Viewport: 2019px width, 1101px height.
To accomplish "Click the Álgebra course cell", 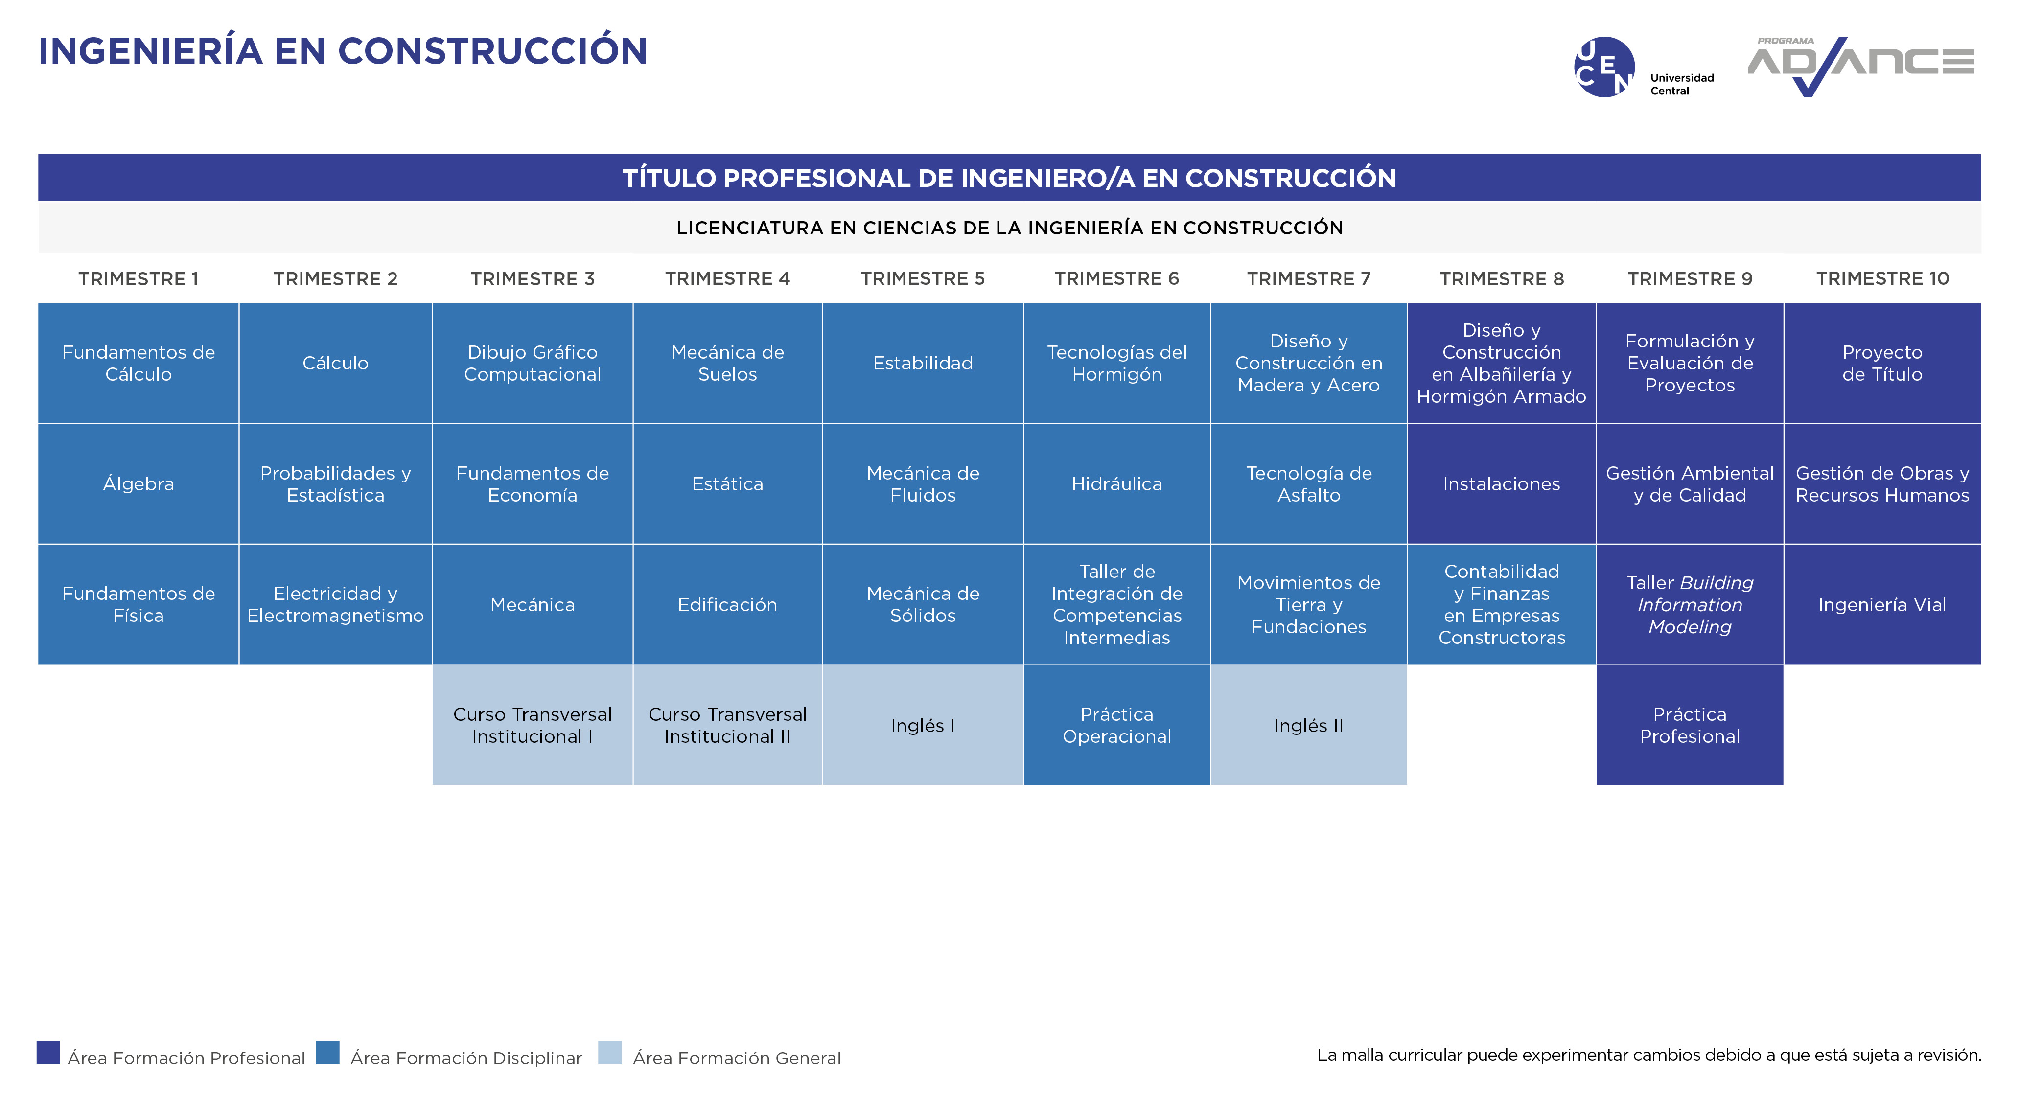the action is point(138,483).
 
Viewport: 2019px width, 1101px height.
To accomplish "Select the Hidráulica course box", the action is point(1117,483).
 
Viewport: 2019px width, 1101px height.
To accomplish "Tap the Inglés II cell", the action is point(1309,725).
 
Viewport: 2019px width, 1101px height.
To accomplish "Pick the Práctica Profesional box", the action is point(1690,725).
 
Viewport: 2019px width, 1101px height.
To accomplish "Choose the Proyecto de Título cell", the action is point(1882,363).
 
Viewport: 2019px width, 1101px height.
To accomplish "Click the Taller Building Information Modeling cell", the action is point(1690,604).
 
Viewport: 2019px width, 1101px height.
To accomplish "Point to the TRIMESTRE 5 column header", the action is point(923,278).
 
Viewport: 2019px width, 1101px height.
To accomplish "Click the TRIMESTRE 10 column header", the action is point(1882,278).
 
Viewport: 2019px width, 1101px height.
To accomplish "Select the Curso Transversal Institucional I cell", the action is point(532,725).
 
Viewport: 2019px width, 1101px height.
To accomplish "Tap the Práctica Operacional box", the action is point(1117,725).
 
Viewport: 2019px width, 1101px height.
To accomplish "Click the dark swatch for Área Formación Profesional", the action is point(48,1053).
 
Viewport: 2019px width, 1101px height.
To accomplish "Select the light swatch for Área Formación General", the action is point(610,1053).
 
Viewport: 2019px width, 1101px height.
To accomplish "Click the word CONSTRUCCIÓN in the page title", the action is point(493,51).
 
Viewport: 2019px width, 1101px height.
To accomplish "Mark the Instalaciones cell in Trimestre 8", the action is point(1502,483).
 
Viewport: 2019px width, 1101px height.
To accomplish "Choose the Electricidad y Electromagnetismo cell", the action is point(335,604).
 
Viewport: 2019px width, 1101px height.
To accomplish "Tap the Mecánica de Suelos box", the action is point(727,363).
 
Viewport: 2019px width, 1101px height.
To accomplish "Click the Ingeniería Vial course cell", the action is point(1882,604).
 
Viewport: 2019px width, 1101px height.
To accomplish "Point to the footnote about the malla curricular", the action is point(1649,1055).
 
